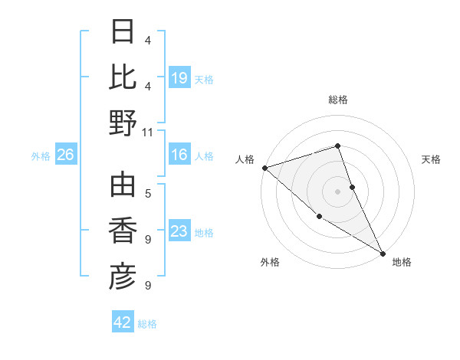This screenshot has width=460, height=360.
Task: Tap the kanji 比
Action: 123,77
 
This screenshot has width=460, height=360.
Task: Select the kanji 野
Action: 123,123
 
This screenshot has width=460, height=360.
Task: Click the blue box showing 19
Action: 179,77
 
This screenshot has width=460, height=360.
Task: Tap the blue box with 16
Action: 179,155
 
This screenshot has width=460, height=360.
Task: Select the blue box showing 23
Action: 179,231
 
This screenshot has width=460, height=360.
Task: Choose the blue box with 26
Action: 65,155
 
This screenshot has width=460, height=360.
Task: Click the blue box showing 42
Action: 123,322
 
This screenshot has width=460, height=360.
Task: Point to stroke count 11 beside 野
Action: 148,132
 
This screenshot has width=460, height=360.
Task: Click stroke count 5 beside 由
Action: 148,193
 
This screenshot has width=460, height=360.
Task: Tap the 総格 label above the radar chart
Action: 338,100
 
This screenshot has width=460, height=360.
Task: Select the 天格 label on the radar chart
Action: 431,159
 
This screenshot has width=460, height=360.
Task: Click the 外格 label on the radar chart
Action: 270,262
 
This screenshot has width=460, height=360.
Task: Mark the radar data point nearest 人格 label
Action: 264,168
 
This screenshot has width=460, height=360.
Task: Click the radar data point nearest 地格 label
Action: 383,254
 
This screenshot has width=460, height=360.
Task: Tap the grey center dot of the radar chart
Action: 337,191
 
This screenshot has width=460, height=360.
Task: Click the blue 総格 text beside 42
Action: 147,323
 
